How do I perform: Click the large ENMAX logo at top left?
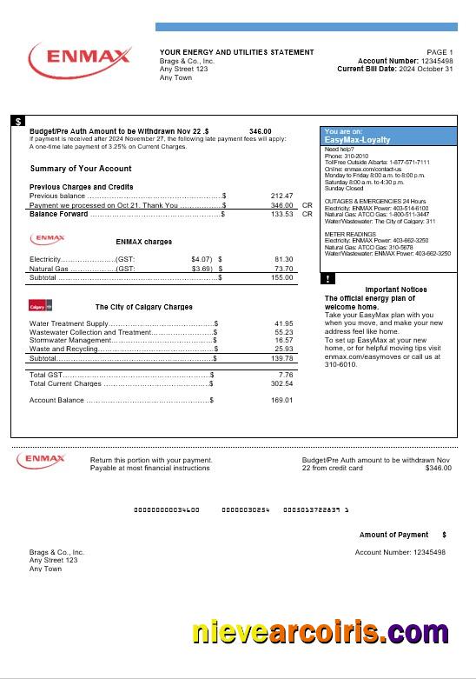79,58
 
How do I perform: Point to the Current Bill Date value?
421,69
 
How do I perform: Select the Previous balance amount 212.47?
282,196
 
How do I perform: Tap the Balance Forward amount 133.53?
282,213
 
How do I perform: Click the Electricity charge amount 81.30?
283,259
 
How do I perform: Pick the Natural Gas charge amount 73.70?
283,269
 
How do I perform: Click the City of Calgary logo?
42,306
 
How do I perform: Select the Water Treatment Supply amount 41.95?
283,323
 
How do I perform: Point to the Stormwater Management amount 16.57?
283,340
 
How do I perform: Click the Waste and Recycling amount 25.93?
283,349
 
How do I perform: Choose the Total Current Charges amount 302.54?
281,383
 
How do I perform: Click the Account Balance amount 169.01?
281,400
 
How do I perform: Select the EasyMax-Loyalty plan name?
357,140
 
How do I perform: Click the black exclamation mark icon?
327,279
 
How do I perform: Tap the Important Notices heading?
395,289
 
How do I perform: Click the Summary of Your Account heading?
81,169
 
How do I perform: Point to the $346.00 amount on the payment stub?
438,468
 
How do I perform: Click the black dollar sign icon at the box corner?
18,121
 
